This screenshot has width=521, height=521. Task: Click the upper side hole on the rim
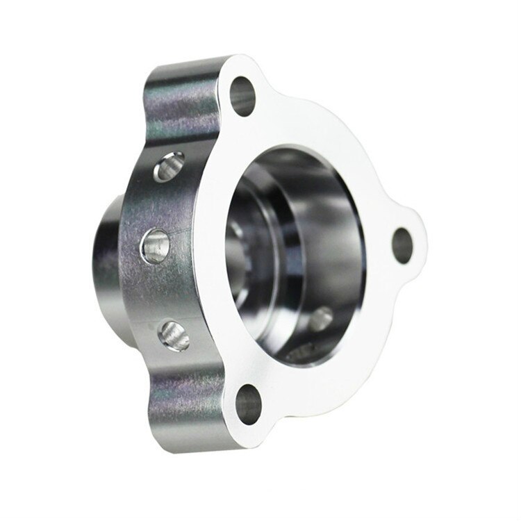[x=168, y=167]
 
